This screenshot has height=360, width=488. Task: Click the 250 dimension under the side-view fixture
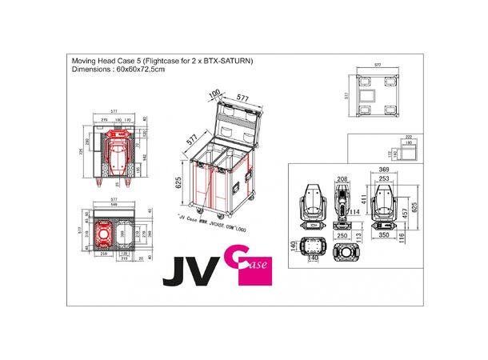coord(342,238)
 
